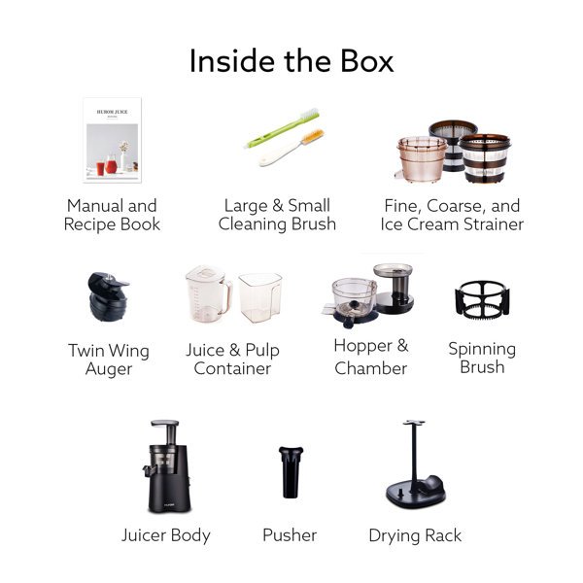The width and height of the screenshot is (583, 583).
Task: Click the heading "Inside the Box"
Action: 291,61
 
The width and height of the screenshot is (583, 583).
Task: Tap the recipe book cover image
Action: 113,140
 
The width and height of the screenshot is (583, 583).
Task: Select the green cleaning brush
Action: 284,127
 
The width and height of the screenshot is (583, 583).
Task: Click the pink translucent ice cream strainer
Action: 422,159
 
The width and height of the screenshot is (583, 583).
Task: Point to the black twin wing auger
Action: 108,296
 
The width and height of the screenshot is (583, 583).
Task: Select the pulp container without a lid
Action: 259,297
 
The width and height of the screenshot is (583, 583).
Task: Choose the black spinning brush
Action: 482,299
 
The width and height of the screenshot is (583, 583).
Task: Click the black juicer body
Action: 168,467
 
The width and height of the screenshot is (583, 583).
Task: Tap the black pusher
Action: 291,472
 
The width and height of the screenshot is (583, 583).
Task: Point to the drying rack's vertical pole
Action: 414,457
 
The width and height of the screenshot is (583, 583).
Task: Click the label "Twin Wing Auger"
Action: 109,360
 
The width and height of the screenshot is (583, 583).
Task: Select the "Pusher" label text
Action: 290,535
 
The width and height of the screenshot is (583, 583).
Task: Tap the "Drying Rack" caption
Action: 415,535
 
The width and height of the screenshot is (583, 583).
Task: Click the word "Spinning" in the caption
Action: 482,349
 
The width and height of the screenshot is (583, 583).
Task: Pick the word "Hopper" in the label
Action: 362,346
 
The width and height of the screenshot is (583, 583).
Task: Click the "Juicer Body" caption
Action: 166,535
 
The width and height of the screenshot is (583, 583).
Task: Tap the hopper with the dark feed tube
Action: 394,288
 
